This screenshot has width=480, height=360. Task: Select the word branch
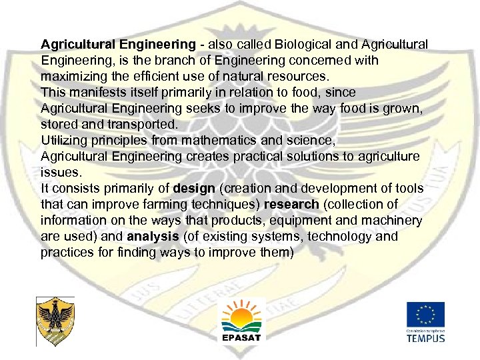click(167, 61)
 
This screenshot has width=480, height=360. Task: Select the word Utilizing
click(64, 141)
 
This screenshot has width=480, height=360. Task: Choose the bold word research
click(291, 205)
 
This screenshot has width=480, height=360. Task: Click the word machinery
click(390, 221)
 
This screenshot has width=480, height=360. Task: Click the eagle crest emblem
click(55, 321)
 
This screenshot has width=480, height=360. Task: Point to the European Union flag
click(426, 315)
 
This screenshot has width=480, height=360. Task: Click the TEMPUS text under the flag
click(426, 337)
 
